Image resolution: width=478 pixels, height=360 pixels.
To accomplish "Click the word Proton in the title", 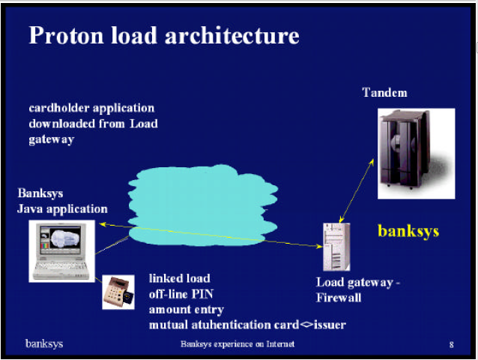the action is click(x=66, y=35).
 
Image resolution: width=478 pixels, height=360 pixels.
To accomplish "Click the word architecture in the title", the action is click(x=232, y=35).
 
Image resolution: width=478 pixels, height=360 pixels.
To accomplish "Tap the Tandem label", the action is click(x=384, y=92).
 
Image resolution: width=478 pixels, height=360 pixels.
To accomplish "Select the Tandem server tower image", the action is click(x=417, y=154).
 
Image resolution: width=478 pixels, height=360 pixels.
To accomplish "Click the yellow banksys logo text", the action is click(x=408, y=231).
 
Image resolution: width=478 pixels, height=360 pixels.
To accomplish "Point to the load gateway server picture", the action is click(x=336, y=247).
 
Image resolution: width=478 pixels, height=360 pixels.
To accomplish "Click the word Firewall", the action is click(x=339, y=298).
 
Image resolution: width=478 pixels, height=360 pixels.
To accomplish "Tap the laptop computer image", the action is click(x=62, y=251).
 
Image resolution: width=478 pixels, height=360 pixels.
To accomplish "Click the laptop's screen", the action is click(x=61, y=238).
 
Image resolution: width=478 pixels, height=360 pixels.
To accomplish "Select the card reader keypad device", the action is click(x=118, y=292).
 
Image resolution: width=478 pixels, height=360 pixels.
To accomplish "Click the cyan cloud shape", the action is click(x=203, y=205).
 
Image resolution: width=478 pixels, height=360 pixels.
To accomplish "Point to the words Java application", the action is click(x=62, y=209).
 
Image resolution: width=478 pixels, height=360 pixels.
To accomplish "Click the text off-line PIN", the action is click(x=181, y=294).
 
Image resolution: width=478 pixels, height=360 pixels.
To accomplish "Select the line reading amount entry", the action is click(x=187, y=310).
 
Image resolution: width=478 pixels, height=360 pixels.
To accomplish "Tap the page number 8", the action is click(x=452, y=345).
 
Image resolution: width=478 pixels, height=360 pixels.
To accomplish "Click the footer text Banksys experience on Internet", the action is click(x=238, y=344).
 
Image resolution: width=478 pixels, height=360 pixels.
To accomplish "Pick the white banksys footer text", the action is click(x=44, y=343).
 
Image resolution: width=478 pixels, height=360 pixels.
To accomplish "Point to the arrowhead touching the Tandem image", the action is click(x=372, y=162).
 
